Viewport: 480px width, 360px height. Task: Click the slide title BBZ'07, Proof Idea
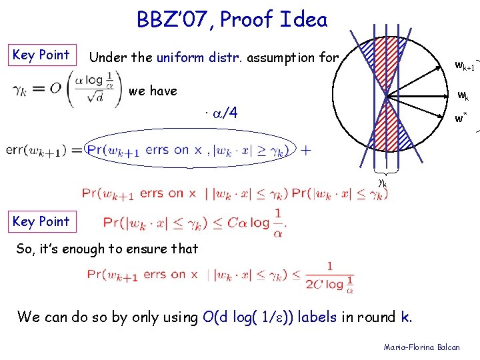[232, 21]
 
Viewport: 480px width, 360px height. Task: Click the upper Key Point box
[41, 55]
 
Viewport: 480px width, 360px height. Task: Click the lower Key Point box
[41, 221]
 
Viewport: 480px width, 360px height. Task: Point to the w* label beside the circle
[461, 119]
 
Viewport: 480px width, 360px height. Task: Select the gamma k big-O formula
[63, 90]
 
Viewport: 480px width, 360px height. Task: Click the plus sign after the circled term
[305, 151]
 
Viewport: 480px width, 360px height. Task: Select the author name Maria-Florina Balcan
[421, 347]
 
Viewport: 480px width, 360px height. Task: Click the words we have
[153, 91]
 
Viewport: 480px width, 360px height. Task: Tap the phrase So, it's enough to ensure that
[107, 249]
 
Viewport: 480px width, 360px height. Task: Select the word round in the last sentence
[377, 317]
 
